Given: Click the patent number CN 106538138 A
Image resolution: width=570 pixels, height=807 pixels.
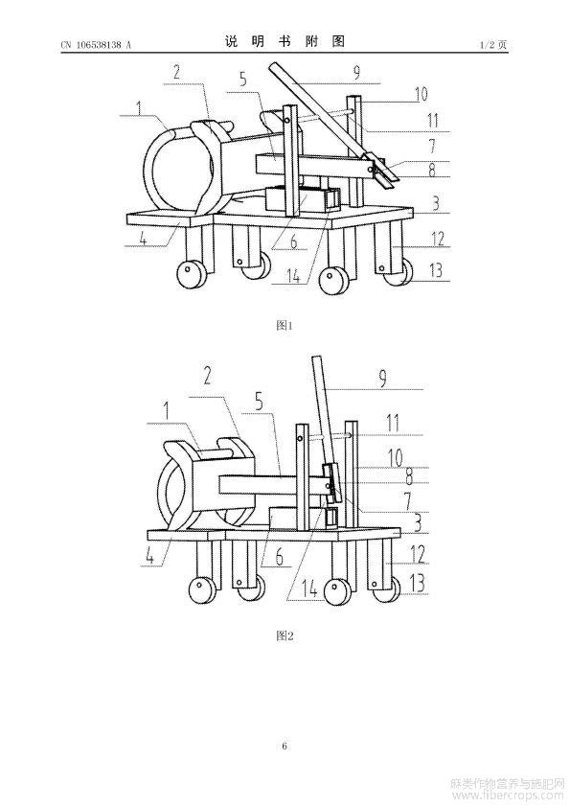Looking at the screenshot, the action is pyautogui.click(x=96, y=45).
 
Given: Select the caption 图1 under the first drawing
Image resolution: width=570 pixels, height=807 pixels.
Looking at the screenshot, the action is pyautogui.click(x=285, y=325).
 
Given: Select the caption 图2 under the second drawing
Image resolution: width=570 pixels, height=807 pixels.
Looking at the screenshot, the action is pyautogui.click(x=285, y=635).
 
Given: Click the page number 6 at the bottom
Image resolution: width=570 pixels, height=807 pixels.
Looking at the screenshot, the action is pyautogui.click(x=285, y=746).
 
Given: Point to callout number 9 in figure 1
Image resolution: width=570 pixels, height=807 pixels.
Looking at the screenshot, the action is pyautogui.click(x=357, y=73).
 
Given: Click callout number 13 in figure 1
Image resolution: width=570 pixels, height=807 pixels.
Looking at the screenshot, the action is pyautogui.click(x=436, y=269).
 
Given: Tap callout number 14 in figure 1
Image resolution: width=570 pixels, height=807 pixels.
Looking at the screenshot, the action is pyautogui.click(x=293, y=275).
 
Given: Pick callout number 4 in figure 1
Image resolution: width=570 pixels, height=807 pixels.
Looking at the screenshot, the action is pyautogui.click(x=143, y=239).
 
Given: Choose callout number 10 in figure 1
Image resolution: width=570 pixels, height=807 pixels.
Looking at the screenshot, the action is pyautogui.click(x=421, y=94).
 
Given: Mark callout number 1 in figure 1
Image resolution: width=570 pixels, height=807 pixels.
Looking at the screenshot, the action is pyautogui.click(x=139, y=107).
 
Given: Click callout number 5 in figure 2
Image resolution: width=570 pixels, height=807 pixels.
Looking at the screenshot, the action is pyautogui.click(x=259, y=402).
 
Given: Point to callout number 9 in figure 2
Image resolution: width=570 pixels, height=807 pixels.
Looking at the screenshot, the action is pyautogui.click(x=382, y=379).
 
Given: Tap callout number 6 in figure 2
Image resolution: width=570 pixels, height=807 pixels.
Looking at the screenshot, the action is pyautogui.click(x=280, y=556).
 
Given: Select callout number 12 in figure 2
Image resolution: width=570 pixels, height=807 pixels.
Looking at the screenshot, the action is pyautogui.click(x=418, y=554).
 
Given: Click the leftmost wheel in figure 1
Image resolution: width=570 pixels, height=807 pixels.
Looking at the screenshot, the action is pyautogui.click(x=192, y=273).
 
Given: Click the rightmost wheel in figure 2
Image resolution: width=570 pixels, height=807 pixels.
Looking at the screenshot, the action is pyautogui.click(x=386, y=588).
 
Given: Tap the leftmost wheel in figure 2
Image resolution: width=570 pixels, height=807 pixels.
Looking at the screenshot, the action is pyautogui.click(x=203, y=590).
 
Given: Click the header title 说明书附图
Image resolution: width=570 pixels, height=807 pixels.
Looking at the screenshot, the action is pyautogui.click(x=285, y=42).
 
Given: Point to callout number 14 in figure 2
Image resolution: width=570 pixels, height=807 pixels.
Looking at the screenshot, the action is pyautogui.click(x=309, y=589).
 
